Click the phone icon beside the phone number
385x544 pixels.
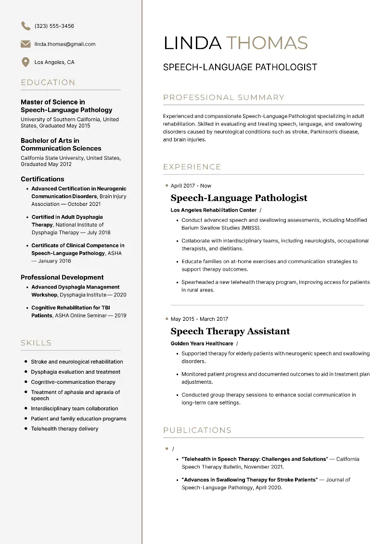26,26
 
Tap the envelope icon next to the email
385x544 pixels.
26,44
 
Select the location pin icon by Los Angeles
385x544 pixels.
26,62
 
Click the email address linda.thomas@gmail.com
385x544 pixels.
65,44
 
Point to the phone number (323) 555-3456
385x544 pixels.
54,26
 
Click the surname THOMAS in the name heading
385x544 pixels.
267,43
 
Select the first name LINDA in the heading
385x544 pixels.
192,43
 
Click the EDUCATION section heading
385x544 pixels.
48,83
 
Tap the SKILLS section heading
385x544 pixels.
36,343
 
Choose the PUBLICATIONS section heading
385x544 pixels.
197,430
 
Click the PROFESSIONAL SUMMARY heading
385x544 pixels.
224,98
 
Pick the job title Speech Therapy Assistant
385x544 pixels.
231,331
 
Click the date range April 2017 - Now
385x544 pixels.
191,186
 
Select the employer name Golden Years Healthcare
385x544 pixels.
202,344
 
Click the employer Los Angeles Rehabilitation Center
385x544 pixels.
214,210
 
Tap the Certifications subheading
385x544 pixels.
42,179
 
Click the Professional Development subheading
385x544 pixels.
62,278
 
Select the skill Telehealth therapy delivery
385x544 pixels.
64,429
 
